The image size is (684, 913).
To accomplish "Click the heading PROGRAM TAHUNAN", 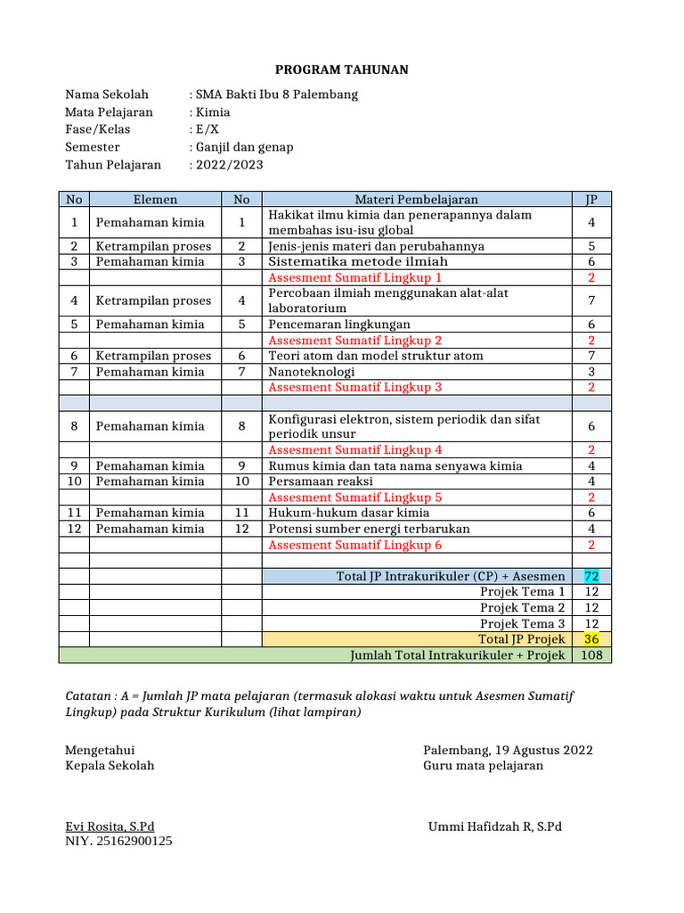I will point(341,70).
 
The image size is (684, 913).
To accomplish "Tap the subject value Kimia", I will point(213,112).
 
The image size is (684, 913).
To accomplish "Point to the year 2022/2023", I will point(230,164).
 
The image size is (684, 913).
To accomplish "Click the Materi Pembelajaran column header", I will point(417,200).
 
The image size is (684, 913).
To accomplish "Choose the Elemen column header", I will point(155,200).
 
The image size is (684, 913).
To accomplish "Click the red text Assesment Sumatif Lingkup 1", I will point(355,277).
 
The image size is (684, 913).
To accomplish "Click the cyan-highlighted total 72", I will point(591,577).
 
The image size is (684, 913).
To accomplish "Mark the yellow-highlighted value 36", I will point(591,639).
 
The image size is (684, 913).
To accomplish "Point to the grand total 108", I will point(591,655).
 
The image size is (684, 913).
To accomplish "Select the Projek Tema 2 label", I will point(522,608).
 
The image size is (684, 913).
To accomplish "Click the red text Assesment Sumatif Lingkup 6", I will point(355,545).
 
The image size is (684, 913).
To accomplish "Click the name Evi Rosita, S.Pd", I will point(110,827).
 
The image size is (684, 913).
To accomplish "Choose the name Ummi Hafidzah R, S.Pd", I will point(495,827).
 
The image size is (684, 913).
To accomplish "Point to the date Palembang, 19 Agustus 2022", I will point(508,751).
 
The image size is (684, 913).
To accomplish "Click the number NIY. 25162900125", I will point(118,841).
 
